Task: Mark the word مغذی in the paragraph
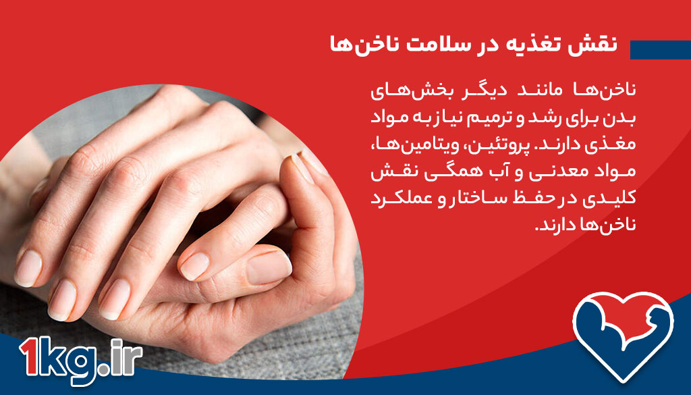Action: point(595,144)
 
